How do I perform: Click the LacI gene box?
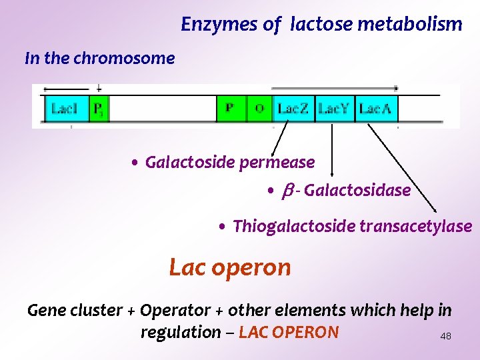(x=65, y=108)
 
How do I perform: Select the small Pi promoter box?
(x=97, y=108)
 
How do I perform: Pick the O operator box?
(x=259, y=108)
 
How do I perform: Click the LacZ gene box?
(x=293, y=108)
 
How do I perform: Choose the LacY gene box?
(x=333, y=108)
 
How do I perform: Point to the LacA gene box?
(x=375, y=108)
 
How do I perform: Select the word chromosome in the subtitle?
(x=124, y=59)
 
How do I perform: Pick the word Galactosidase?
(x=357, y=191)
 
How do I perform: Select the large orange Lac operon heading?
(x=230, y=267)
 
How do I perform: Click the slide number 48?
(x=445, y=337)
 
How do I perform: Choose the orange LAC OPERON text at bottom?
(x=289, y=332)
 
